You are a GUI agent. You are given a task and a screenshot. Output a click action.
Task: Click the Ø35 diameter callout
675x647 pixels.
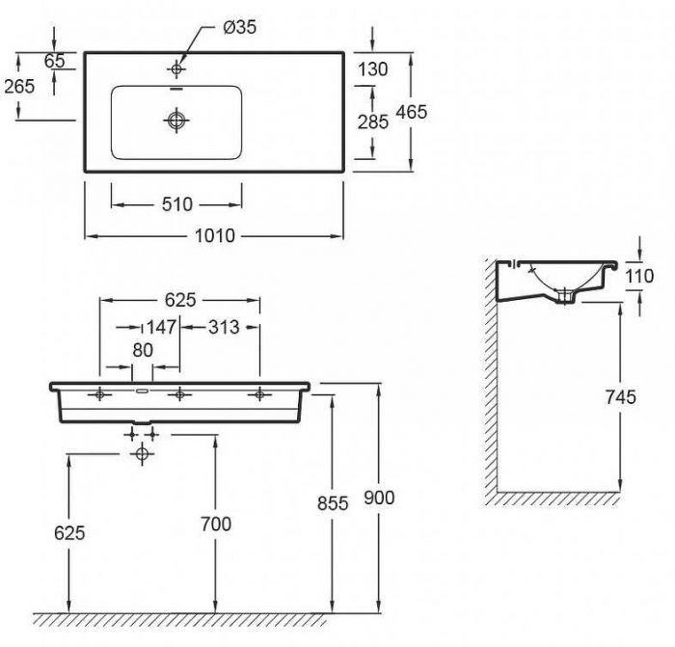(x=240, y=28)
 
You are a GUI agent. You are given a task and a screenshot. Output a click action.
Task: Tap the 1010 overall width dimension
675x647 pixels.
(x=215, y=236)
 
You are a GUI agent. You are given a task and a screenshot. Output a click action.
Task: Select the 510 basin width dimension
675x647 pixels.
(x=176, y=204)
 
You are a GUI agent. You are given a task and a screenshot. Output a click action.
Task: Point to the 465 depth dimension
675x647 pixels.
(x=411, y=112)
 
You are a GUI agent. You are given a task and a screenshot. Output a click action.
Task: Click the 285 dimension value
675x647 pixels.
(x=373, y=122)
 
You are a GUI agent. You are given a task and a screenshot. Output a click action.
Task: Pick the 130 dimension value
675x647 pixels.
(x=373, y=69)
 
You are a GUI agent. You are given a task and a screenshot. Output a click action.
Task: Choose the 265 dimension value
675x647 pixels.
(x=19, y=87)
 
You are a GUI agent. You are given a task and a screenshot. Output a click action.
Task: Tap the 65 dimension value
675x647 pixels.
(x=55, y=61)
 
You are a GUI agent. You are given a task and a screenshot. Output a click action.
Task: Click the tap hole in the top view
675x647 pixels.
(x=176, y=68)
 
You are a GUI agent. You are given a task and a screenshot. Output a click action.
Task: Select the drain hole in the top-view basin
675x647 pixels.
(x=176, y=120)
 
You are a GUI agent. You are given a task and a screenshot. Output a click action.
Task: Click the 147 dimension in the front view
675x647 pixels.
(x=161, y=327)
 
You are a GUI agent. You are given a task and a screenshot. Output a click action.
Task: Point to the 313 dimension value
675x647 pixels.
(x=224, y=328)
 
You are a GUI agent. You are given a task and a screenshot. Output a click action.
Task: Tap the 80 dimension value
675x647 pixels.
(x=143, y=350)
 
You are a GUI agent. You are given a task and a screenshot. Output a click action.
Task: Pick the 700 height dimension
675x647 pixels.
(x=216, y=524)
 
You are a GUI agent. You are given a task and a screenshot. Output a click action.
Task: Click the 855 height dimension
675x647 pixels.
(x=333, y=503)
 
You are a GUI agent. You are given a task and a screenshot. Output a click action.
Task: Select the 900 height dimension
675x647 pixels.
(x=379, y=498)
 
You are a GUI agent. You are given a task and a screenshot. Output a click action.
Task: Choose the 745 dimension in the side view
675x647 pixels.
(x=620, y=397)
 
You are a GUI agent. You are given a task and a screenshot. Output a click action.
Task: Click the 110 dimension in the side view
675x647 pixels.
(x=639, y=276)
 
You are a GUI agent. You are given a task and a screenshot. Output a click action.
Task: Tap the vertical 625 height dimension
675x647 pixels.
(x=69, y=533)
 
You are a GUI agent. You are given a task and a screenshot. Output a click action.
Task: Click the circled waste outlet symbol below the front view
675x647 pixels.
(x=142, y=454)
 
